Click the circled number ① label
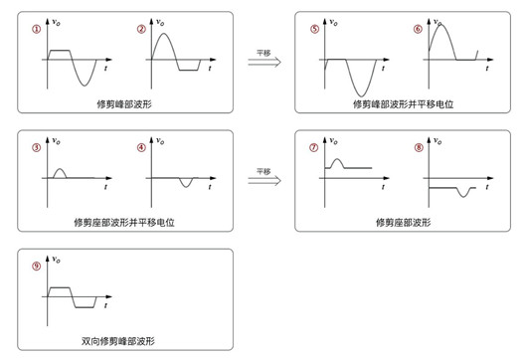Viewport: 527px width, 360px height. tap(37, 29)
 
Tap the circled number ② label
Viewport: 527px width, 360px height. tap(141, 29)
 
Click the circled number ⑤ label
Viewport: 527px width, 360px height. tap(315, 29)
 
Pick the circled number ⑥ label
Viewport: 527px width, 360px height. tap(419, 29)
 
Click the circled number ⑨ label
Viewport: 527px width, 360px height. tap(37, 266)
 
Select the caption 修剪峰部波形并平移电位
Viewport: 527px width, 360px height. tap(403, 103)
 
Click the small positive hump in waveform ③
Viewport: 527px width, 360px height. tap(60, 172)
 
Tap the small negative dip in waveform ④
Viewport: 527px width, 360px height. tap(185, 184)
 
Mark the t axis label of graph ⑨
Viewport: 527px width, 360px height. tap(107, 306)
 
